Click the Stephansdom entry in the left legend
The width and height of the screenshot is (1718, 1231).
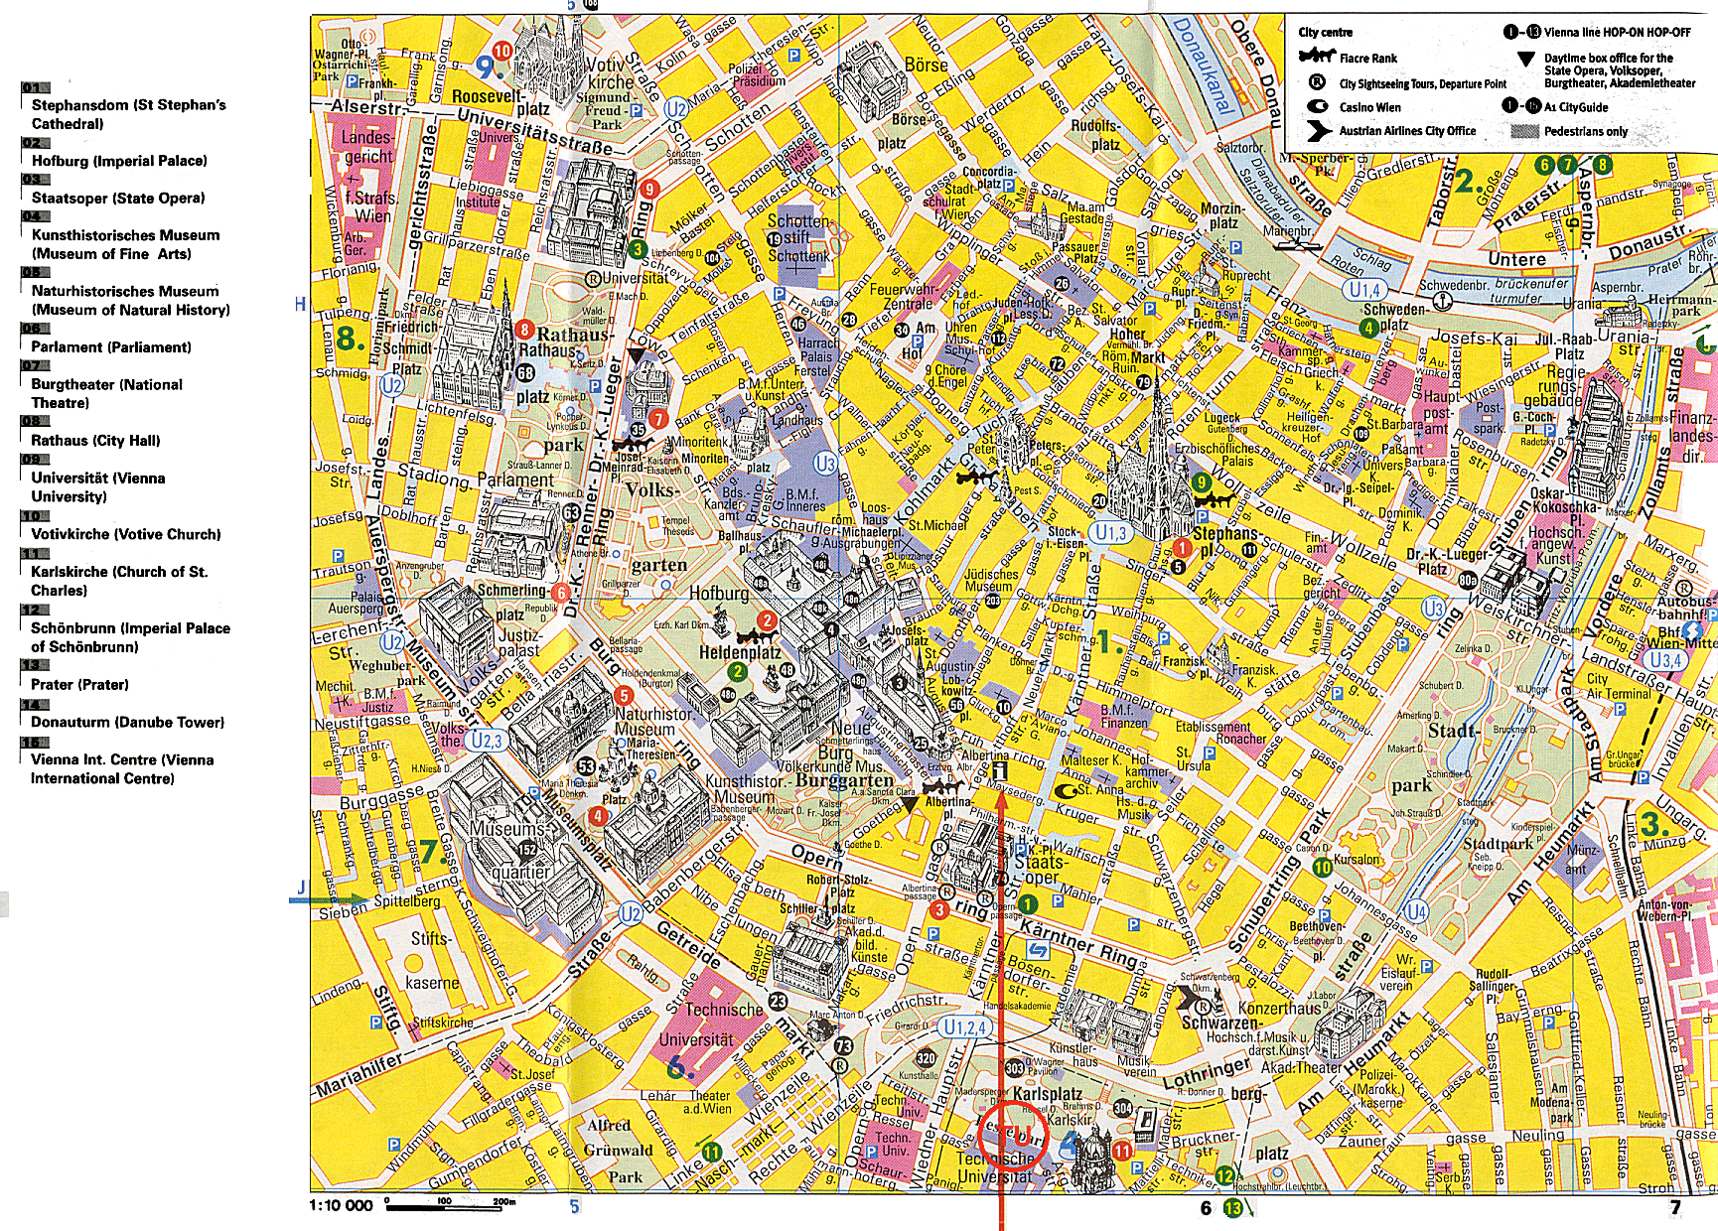[x=128, y=113]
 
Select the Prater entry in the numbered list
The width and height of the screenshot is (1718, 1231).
[x=79, y=684]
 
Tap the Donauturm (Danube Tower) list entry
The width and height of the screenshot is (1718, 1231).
[x=127, y=722]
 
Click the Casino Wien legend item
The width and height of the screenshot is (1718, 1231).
[x=1369, y=107]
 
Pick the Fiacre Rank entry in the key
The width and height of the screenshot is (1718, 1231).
[x=1367, y=59]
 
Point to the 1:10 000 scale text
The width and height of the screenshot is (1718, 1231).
[x=341, y=1205]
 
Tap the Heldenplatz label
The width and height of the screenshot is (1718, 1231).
[x=740, y=652]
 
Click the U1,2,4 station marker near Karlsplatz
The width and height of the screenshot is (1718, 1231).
[x=963, y=1027]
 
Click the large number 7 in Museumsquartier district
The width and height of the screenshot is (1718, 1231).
[x=428, y=851]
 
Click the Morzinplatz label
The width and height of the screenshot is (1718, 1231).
[x=1221, y=215]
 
